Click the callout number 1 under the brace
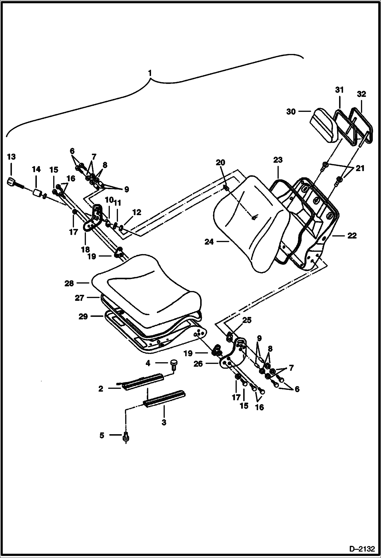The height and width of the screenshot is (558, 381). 150,73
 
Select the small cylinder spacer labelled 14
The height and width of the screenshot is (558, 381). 37,193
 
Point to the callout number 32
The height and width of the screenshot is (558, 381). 361,94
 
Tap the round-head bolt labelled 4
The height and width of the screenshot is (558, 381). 174,363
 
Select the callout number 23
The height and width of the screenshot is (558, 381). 278,160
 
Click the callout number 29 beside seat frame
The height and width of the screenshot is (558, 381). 83,317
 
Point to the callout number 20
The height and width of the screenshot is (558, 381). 220,162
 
